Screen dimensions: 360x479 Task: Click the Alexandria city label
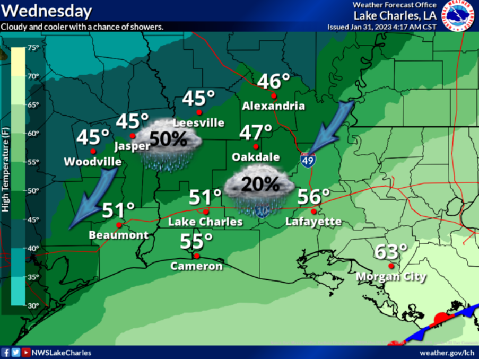click(x=273, y=106)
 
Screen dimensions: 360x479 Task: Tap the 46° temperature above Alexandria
click(x=273, y=82)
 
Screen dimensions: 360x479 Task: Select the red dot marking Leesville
click(x=199, y=112)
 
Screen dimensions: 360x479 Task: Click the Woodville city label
click(x=92, y=162)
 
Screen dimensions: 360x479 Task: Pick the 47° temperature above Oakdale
click(x=255, y=133)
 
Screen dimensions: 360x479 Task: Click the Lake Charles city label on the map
click(x=205, y=222)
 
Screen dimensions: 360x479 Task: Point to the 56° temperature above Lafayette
click(x=313, y=197)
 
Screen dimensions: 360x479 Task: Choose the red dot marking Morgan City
click(x=391, y=266)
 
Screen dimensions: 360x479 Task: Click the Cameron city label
click(x=196, y=266)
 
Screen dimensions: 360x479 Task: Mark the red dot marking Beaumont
click(x=119, y=225)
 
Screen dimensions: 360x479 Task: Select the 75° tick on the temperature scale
click(x=33, y=48)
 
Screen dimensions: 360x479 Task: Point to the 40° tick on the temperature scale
click(x=33, y=248)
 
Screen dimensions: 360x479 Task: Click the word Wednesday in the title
click(x=47, y=11)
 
